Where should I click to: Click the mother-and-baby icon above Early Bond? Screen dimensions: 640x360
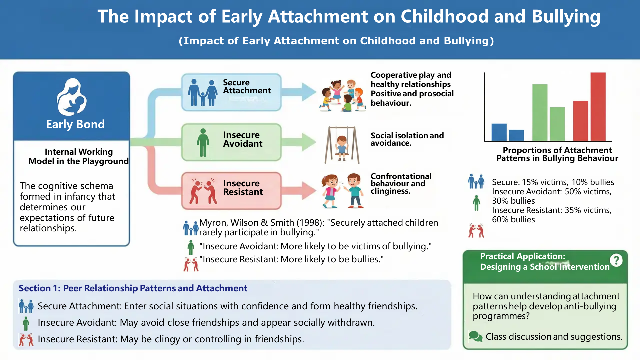[72, 97]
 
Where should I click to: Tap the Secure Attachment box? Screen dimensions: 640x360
[231, 92]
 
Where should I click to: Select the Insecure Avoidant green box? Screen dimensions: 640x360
[231, 142]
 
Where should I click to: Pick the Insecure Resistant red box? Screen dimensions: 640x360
[231, 191]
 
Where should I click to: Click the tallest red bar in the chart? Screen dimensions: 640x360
[598, 107]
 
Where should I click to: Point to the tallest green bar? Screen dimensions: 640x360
[540, 112]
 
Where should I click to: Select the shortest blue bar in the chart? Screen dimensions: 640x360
[516, 135]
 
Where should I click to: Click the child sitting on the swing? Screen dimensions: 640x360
[342, 148]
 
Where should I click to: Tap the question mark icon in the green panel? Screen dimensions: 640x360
[616, 260]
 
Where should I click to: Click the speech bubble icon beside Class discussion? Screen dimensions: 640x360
[476, 336]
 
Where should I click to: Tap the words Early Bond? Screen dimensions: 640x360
[75, 124]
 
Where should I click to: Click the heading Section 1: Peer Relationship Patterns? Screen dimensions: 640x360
[133, 288]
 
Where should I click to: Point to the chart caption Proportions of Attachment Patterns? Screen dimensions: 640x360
[557, 154]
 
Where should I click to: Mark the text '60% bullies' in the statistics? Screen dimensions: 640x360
[513, 219]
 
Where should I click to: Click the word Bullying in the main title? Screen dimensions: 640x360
[566, 17]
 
